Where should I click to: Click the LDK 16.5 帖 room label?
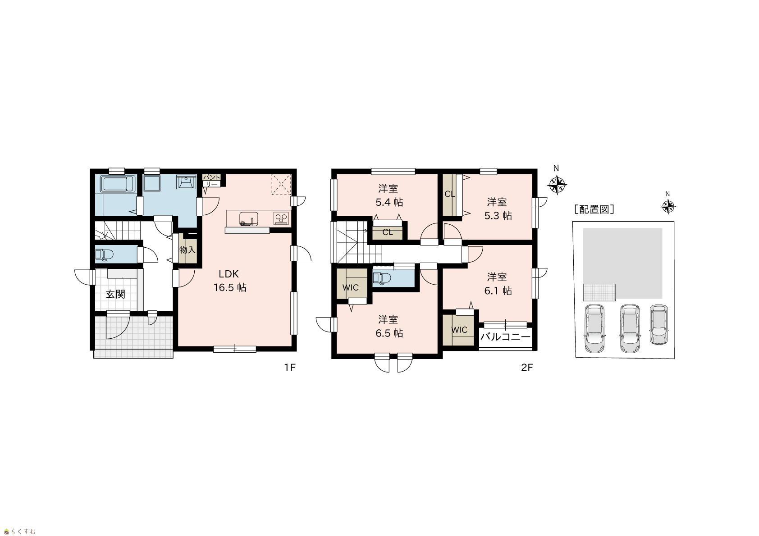coord(230,281)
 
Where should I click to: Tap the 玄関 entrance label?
coord(115,294)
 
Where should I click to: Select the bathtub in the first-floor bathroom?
coord(115,184)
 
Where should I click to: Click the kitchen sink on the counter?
coord(248,218)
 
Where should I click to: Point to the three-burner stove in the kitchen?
coord(281,218)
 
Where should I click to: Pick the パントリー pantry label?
coord(211,181)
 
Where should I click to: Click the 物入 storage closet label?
coord(187,250)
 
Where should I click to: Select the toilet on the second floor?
coord(382,278)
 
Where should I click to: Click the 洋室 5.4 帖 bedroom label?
coord(389,195)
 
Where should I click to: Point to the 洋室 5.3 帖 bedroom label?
coord(498,209)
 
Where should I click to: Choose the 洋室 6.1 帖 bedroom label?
coord(498,284)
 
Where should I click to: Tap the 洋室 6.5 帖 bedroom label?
coord(389,327)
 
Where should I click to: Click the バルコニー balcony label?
coord(505,336)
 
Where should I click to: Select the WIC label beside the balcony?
coord(459,330)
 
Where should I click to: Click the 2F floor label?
coord(527,368)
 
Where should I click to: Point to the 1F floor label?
coord(290,368)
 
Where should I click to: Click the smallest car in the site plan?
coord(658,325)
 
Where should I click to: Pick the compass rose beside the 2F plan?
coord(557,185)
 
